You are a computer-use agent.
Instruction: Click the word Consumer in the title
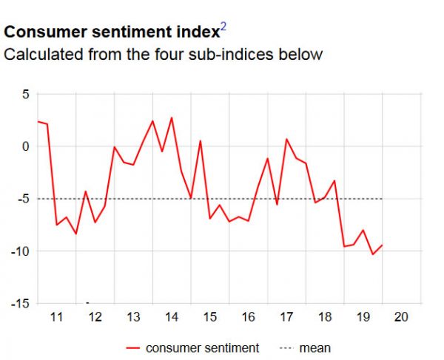(x=42, y=33)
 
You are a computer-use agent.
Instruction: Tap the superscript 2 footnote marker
(x=223, y=28)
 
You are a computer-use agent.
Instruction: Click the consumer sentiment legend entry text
(x=202, y=347)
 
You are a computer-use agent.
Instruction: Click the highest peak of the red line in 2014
(x=172, y=118)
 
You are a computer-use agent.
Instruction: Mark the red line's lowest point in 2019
(x=373, y=254)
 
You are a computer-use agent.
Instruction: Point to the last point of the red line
(x=383, y=245)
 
